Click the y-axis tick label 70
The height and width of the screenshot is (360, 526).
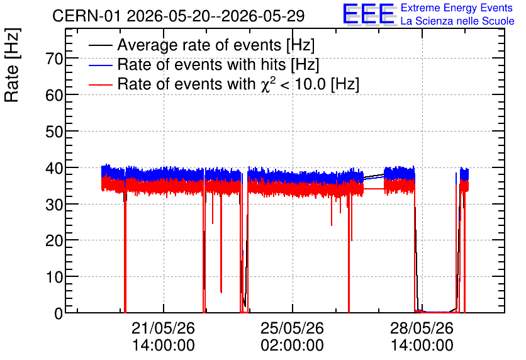pyautogui.click(x=54, y=59)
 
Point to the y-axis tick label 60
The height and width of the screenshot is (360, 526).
pyautogui.click(x=54, y=96)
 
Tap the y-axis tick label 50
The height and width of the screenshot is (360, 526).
pyautogui.click(x=54, y=132)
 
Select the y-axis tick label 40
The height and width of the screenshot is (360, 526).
pyautogui.click(x=54, y=168)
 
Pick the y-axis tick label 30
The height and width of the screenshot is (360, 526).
pyautogui.click(x=54, y=205)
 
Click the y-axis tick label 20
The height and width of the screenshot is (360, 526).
pyautogui.click(x=54, y=241)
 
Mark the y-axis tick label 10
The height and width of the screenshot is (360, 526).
pyautogui.click(x=54, y=278)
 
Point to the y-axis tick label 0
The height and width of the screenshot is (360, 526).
pyautogui.click(x=59, y=313)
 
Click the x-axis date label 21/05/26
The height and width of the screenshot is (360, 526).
pyautogui.click(x=163, y=328)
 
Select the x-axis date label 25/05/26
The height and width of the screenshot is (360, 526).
pyautogui.click(x=292, y=328)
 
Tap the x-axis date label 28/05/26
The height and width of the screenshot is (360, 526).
pyautogui.click(x=422, y=328)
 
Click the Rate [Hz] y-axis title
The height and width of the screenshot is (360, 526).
pyautogui.click(x=12, y=65)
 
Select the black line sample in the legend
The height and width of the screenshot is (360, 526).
pyautogui.click(x=100, y=45)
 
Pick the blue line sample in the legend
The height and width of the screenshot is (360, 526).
pyautogui.click(x=100, y=65)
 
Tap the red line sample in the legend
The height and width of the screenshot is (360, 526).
pyautogui.click(x=100, y=84)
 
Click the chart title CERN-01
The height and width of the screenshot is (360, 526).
pyautogui.click(x=86, y=16)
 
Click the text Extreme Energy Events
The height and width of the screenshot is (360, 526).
pyautogui.click(x=457, y=8)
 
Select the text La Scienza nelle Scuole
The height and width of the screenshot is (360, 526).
pyautogui.click(x=457, y=21)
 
